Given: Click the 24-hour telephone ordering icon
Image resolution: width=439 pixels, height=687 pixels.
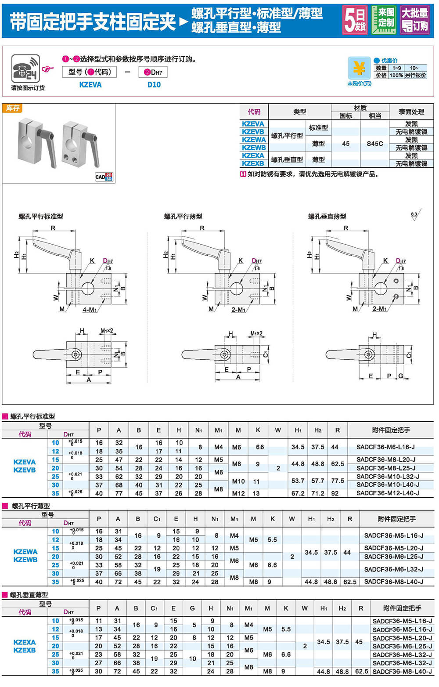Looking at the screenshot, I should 25,69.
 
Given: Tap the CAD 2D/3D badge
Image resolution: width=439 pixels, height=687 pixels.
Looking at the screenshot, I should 104,177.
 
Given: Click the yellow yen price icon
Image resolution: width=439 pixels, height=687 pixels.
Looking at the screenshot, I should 359,69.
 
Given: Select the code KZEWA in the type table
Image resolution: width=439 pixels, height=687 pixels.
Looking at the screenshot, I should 254,140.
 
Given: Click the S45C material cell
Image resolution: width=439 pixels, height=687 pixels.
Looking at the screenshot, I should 374,144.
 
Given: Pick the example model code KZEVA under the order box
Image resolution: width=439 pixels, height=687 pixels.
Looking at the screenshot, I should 90,85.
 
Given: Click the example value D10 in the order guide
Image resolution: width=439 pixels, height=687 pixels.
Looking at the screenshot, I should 154,85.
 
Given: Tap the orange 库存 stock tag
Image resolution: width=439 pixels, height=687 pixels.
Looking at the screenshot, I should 12,108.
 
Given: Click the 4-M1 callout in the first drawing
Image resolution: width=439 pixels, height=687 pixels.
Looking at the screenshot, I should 90,310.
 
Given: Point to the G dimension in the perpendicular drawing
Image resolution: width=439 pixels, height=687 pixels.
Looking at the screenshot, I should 400,376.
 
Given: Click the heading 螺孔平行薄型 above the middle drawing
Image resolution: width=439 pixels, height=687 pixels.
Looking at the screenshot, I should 183,217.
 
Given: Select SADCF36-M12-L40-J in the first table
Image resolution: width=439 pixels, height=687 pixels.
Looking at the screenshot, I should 388,493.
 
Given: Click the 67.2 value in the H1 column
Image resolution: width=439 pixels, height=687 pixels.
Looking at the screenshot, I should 298,493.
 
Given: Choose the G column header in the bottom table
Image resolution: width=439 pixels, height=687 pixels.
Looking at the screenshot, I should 192,608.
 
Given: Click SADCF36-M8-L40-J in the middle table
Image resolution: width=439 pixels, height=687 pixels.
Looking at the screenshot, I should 394,582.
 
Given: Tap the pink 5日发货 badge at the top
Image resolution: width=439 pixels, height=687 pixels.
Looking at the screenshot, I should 355,20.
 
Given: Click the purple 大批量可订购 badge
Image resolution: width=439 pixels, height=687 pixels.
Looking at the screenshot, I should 415,20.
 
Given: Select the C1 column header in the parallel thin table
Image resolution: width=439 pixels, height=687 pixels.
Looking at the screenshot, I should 157,519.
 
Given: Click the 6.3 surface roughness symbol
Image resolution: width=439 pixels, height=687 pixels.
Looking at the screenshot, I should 415,215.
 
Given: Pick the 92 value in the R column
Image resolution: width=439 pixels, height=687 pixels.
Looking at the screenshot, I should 335,493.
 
